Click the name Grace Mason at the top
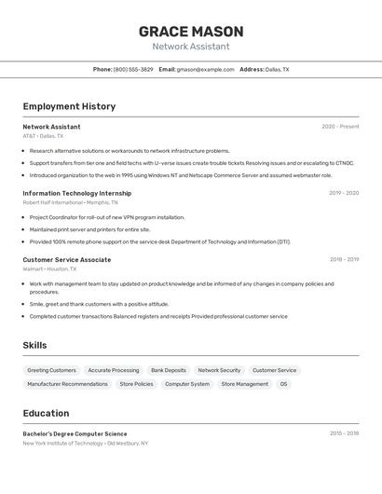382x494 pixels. click(x=191, y=31)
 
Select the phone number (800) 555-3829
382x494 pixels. click(x=133, y=69)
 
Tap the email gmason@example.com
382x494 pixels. click(x=206, y=69)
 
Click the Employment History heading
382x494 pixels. click(x=69, y=106)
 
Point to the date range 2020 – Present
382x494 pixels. click(x=340, y=127)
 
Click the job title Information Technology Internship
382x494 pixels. click(x=76, y=193)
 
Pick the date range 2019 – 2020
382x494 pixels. click(x=344, y=193)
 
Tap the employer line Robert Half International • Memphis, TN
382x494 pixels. click(x=70, y=202)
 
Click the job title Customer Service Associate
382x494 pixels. click(x=66, y=260)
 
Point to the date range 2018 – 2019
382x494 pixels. click(x=344, y=260)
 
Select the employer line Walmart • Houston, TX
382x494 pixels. click(x=49, y=269)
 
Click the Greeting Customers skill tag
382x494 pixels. click(x=51, y=370)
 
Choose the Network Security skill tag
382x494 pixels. click(x=219, y=370)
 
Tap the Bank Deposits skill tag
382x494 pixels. click(x=169, y=370)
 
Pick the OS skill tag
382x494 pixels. click(x=284, y=384)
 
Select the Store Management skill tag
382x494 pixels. click(x=244, y=384)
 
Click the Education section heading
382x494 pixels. click(x=46, y=413)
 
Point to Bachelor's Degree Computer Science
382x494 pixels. click(x=75, y=433)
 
